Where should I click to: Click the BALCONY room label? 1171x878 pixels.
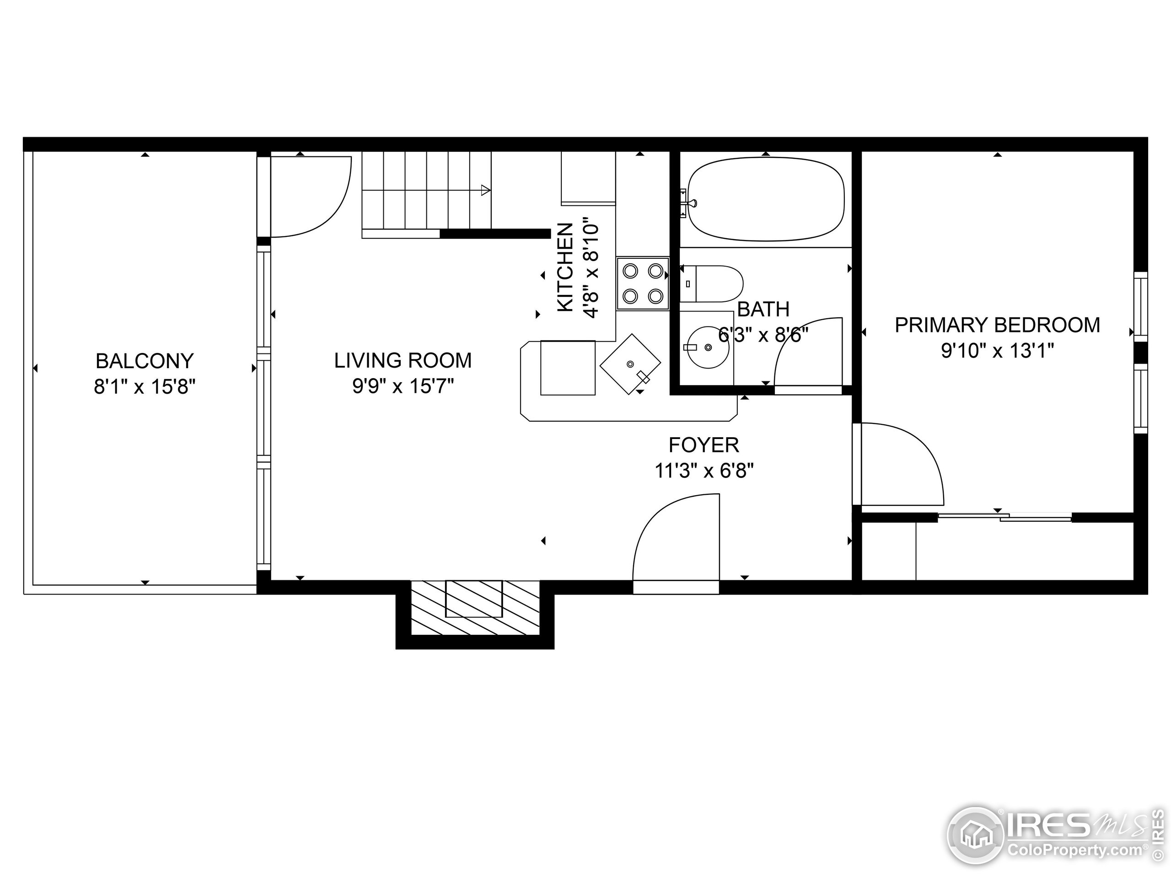[145, 361]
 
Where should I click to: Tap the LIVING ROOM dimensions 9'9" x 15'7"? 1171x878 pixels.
[403, 386]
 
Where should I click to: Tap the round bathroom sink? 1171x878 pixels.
[707, 348]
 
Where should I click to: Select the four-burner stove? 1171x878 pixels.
[643, 284]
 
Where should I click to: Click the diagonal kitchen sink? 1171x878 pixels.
[630, 364]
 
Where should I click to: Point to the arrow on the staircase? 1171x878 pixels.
[484, 190]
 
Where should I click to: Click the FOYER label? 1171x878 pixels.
[704, 445]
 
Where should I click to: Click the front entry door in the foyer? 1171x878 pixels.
[677, 540]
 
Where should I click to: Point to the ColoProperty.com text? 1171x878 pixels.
[1074, 851]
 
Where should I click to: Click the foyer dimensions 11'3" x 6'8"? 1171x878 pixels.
[704, 471]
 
